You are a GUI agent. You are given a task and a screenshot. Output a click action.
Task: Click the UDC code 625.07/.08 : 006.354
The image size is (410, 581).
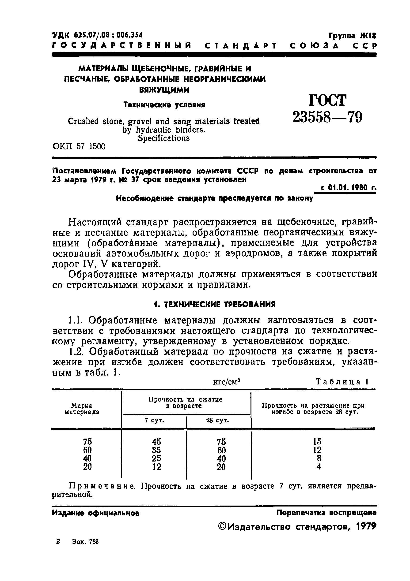pyautogui.click(x=97, y=35)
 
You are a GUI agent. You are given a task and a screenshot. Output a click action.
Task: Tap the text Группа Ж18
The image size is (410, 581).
pyautogui.click(x=353, y=36)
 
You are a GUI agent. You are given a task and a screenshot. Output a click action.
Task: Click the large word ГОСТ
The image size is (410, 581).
pyautogui.click(x=327, y=100)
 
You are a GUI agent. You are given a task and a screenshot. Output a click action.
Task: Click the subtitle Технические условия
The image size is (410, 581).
pyautogui.click(x=164, y=105)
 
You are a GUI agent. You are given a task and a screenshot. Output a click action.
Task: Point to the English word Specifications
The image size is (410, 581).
pyautogui.click(x=163, y=138)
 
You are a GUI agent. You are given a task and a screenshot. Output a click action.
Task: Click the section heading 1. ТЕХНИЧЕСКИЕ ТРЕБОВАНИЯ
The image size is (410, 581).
pyautogui.click(x=215, y=304)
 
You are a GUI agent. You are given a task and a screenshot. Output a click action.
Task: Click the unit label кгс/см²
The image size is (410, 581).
pyautogui.click(x=227, y=382)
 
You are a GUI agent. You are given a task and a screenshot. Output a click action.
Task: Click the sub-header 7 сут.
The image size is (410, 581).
pyautogui.click(x=154, y=420)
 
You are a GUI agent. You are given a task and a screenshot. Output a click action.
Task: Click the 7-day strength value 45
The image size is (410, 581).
pyautogui.click(x=156, y=442)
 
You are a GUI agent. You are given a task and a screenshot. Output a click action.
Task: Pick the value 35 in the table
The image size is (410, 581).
pyautogui.click(x=156, y=450)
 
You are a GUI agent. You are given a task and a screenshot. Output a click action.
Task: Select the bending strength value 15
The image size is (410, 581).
pyautogui.click(x=317, y=442)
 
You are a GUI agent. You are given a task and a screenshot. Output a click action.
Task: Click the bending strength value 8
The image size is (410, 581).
pyautogui.click(x=319, y=458)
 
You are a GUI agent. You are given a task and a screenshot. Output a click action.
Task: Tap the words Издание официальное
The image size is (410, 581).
pyautogui.click(x=95, y=513)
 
